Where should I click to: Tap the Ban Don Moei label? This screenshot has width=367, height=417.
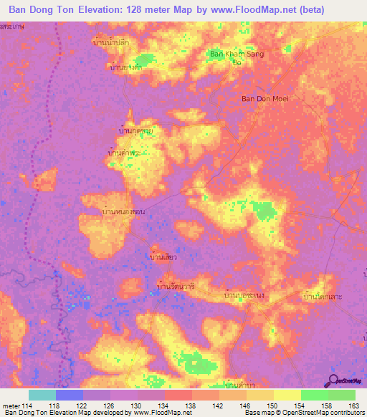[x=264, y=98]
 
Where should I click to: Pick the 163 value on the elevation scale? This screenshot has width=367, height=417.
[x=353, y=405]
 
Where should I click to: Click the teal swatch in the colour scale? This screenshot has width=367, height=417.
[x=42, y=395]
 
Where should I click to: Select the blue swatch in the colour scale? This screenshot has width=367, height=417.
[x=70, y=395]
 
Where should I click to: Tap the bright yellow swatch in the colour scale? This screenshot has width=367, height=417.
[x=287, y=395]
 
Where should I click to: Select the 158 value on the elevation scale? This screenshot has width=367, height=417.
[x=328, y=405]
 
